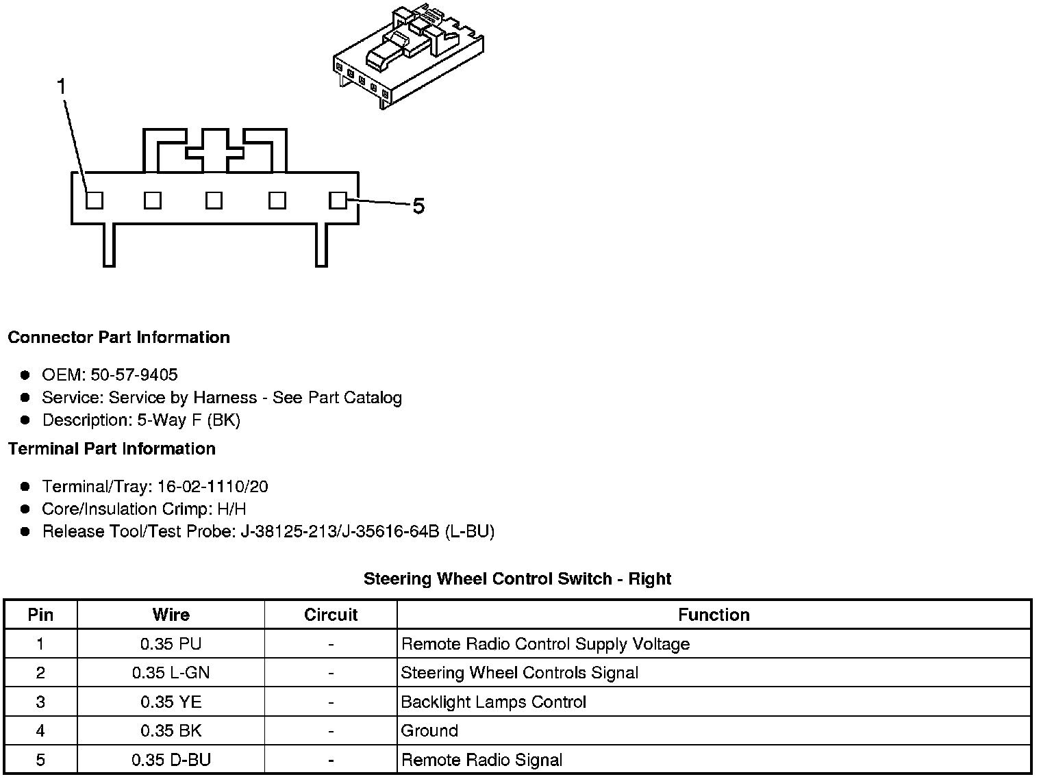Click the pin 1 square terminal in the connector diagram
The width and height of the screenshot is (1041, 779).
pos(95,200)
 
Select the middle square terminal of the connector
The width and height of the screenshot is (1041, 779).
pos(214,200)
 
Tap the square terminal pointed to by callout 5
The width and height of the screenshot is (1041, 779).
pos(338,200)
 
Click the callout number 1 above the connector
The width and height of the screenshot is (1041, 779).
pos(62,87)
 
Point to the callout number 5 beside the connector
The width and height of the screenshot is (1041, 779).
pos(418,205)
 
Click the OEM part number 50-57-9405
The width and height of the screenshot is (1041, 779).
pos(134,375)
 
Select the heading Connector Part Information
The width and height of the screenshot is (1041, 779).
pos(118,337)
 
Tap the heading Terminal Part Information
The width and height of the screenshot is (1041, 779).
pos(112,449)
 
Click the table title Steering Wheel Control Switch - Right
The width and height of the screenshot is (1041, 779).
pos(517,579)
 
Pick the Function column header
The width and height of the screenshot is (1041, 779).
pos(714,615)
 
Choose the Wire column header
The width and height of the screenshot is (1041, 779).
pos(171,615)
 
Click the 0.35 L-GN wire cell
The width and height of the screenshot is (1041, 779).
pos(171,673)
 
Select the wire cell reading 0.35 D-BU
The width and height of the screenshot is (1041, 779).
pos(171,760)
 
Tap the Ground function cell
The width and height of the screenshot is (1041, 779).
pos(429,731)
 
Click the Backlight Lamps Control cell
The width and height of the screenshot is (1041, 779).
pos(493,702)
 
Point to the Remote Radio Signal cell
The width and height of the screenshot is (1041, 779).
pos(481,760)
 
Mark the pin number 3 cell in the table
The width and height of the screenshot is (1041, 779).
pos(40,702)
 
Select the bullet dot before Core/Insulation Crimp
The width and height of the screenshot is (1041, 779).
pos(25,509)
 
